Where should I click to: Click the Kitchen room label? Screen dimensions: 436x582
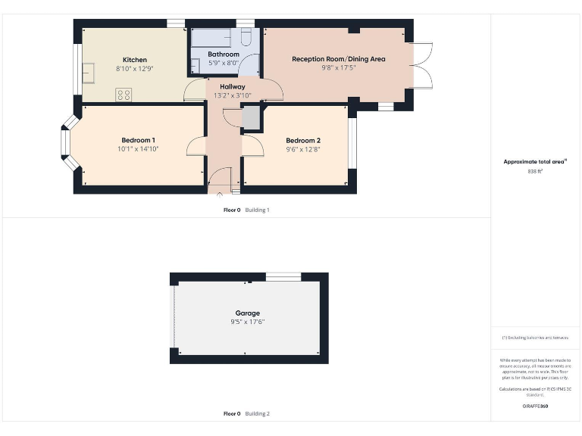135,60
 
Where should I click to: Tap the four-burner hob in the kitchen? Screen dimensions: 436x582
124,95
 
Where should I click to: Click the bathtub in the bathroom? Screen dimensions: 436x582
213,37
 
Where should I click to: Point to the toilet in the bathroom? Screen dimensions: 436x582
247,38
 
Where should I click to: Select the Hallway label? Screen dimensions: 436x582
232,86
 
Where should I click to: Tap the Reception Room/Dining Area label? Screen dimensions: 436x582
339,58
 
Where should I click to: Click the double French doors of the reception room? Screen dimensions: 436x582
421,67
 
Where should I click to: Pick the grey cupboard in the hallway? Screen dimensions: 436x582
251,118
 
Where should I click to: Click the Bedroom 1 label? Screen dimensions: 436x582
138,140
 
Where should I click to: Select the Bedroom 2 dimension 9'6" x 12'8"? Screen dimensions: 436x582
302,150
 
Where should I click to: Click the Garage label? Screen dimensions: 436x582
247,313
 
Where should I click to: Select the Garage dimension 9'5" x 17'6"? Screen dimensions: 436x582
247,322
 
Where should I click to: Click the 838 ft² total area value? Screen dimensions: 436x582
536,172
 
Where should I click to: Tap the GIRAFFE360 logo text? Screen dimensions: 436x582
535,406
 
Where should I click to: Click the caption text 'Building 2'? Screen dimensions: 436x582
257,414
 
